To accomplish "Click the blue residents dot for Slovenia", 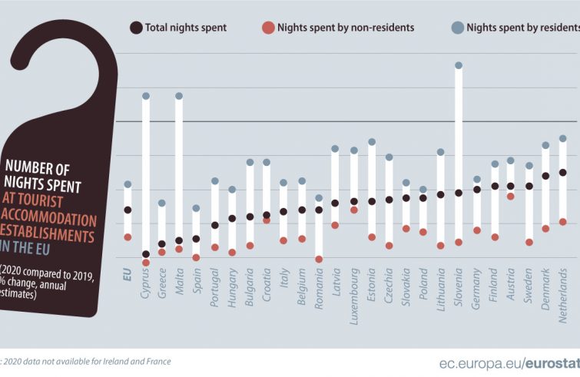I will (459, 65).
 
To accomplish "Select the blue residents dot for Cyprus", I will (145, 96).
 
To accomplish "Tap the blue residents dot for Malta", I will (179, 96).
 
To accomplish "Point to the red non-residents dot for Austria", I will (510, 196).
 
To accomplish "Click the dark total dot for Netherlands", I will (562, 172).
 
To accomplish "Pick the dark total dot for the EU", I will (128, 210).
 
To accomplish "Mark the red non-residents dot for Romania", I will (319, 259).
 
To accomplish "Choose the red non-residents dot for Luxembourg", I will (354, 210).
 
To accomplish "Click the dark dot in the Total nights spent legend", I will (136, 28).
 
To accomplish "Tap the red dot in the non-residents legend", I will (268, 28).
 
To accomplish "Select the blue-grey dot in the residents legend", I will (457, 28).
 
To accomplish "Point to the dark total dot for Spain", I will (196, 239).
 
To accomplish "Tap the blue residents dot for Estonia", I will (371, 142).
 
